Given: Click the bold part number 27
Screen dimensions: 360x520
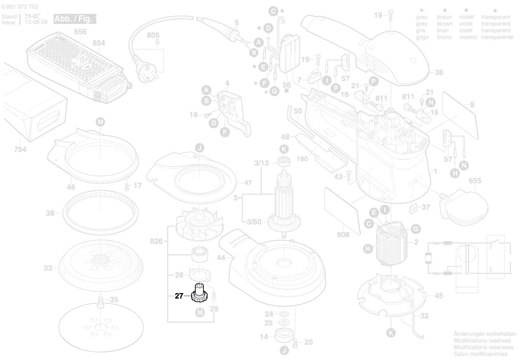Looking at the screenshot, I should (179, 296).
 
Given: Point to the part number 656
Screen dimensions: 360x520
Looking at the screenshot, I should (80, 32).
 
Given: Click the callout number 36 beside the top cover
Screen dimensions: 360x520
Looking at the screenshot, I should (439, 73).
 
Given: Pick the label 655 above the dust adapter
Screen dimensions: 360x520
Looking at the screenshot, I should (475, 181).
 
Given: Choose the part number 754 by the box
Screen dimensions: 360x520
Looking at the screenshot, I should (20, 150).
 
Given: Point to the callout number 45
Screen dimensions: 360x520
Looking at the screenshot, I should (438, 296).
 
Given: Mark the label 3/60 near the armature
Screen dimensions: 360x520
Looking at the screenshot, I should (254, 222).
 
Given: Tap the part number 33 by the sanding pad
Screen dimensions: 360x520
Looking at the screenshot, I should (47, 268).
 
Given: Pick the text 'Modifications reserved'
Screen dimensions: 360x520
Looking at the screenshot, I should (485, 341).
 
